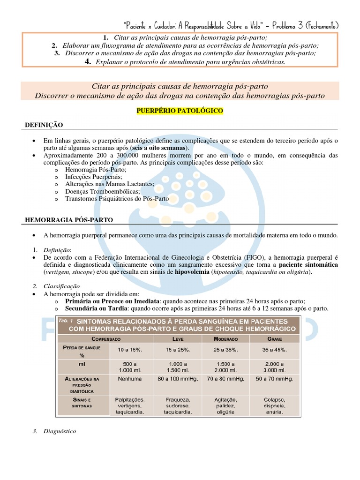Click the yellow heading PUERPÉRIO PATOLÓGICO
pyautogui.click(x=180, y=111)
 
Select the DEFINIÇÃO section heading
pyautogui.click(x=44, y=125)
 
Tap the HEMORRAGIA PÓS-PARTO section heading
pyautogui.click(x=68, y=219)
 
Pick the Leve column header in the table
pyautogui.click(x=178, y=338)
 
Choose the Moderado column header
pyautogui.click(x=225, y=338)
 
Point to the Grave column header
pyautogui.click(x=275, y=338)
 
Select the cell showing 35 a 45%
pyautogui.click(x=275, y=350)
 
